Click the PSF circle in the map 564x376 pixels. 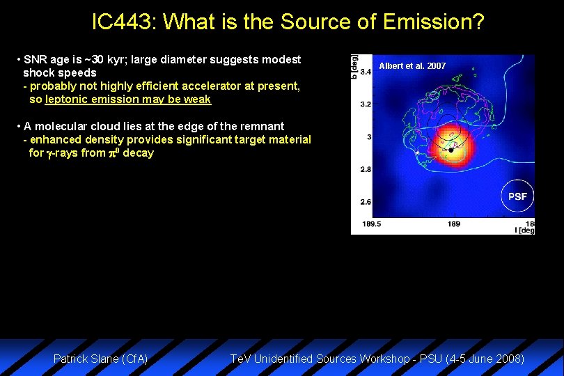click(x=517, y=196)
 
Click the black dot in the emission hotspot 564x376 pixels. click(x=451, y=150)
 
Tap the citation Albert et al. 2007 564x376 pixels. click(x=412, y=66)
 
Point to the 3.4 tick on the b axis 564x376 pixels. click(x=366, y=71)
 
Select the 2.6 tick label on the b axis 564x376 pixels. click(x=366, y=202)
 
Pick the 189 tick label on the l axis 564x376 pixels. click(x=453, y=224)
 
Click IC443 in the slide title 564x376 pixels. click(x=125, y=23)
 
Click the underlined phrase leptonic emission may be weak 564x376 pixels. click(x=128, y=100)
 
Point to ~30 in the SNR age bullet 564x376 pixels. click(x=93, y=60)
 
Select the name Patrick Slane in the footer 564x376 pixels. click(x=86, y=359)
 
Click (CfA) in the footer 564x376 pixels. click(x=134, y=359)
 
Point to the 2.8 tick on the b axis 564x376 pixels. click(x=366, y=169)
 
